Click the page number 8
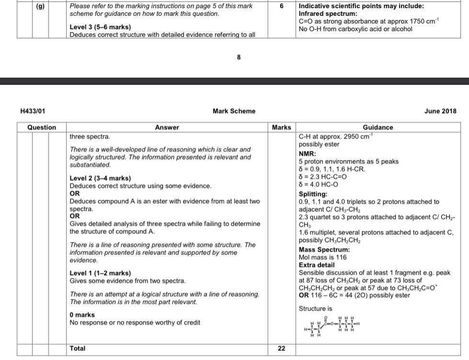(239, 57)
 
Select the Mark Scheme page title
(234, 111)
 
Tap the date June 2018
(440, 111)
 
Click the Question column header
(41, 128)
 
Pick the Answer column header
(167, 128)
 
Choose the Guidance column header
(378, 128)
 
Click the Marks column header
(281, 128)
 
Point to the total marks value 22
(281, 348)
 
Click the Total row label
(78, 348)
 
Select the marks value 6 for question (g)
(281, 6)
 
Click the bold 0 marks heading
(82, 315)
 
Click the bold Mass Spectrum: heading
(324, 250)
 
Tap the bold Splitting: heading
(313, 194)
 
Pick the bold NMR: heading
(307, 154)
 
